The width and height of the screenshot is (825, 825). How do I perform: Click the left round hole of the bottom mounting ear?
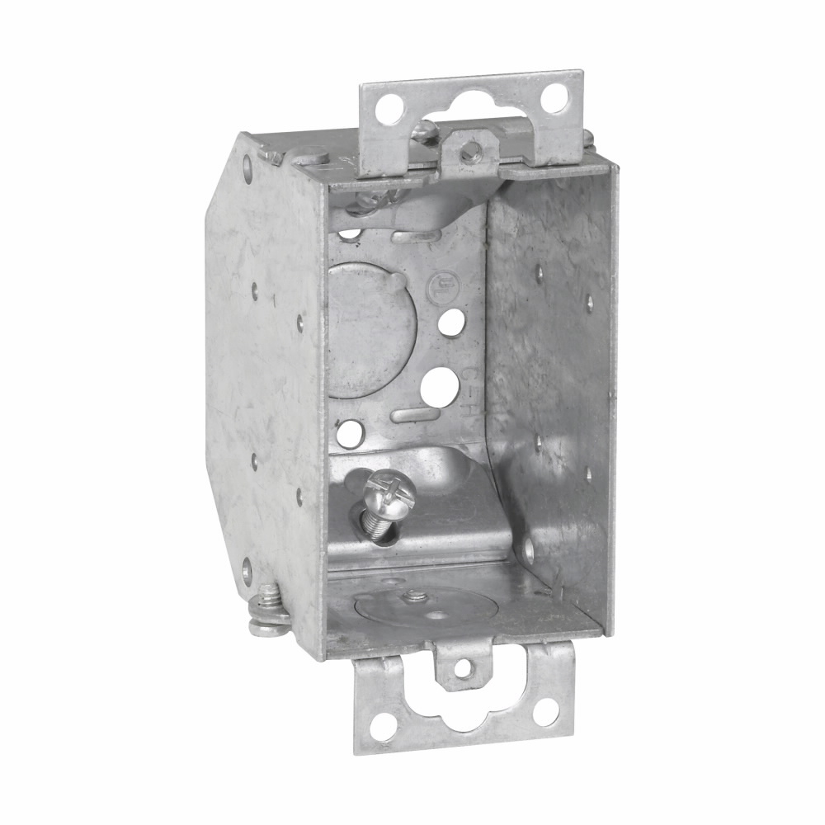tap(380, 727)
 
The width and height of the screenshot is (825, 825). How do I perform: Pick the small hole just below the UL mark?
tap(450, 323)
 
